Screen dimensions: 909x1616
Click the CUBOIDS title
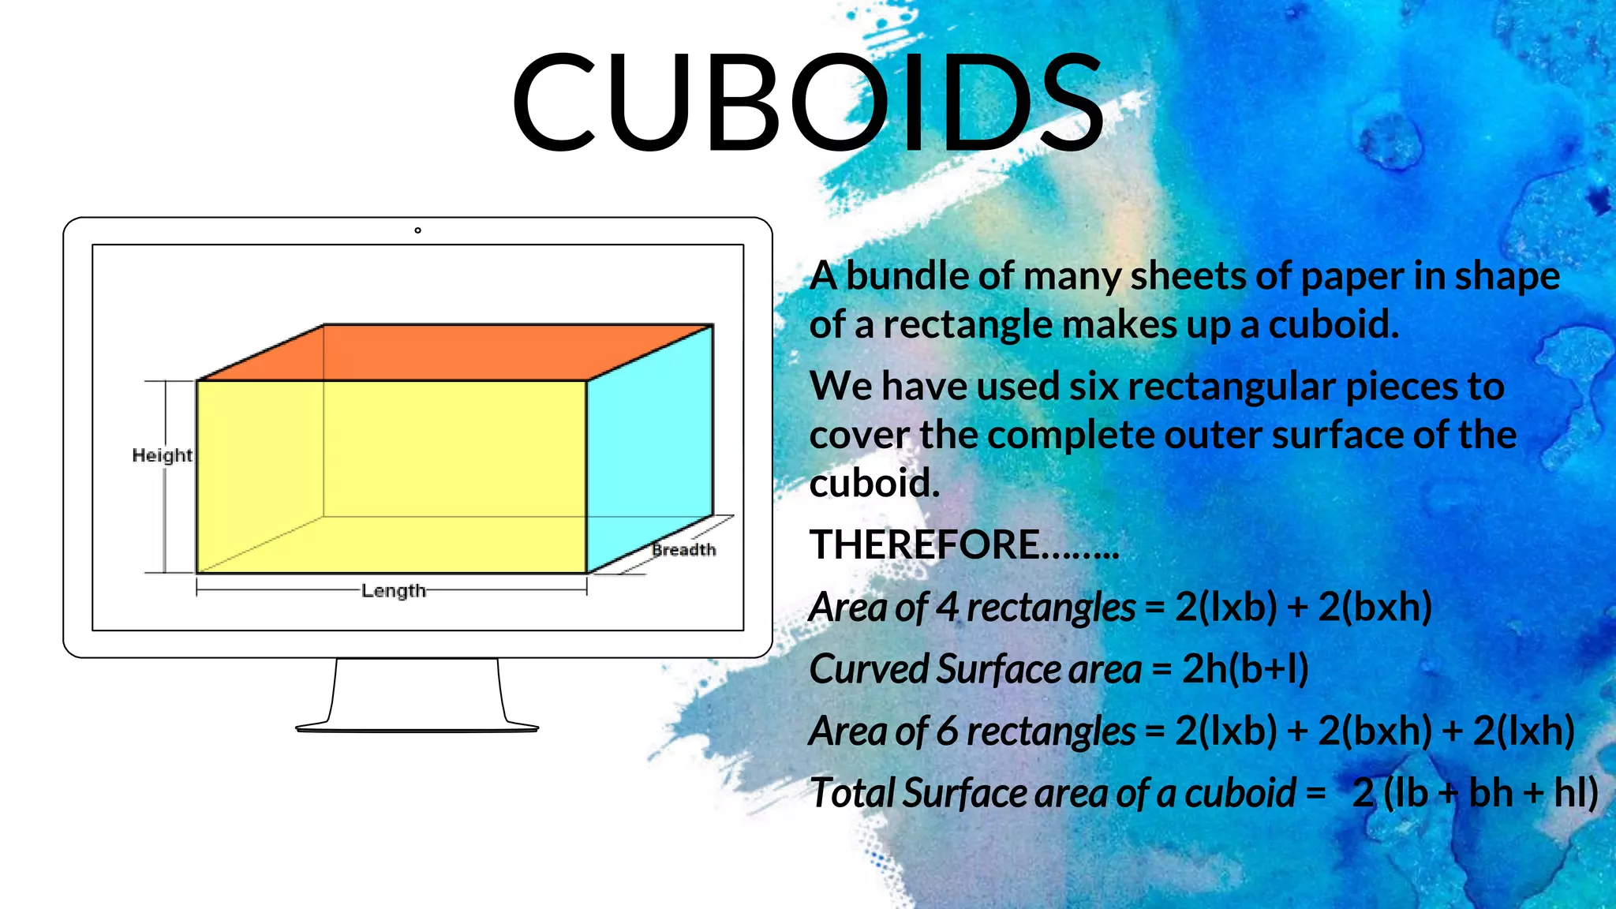point(808,103)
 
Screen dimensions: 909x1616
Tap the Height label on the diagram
point(162,455)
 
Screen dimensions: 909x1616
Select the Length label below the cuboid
point(393,590)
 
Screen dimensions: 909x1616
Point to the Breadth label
point(683,549)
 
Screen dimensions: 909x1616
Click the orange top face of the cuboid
point(454,352)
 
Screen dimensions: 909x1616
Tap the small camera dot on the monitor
point(417,230)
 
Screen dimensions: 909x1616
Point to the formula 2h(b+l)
point(1245,669)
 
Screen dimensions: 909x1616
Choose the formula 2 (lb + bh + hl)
point(1474,793)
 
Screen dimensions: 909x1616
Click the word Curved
point(869,669)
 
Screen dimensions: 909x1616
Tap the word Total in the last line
point(851,793)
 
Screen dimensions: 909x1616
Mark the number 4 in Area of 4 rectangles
point(947,608)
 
